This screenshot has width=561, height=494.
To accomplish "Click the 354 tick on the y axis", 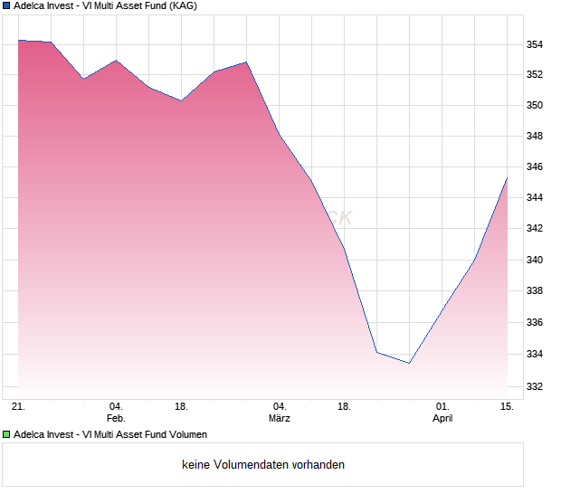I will pos(535,44).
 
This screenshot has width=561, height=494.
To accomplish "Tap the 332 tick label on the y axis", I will pos(535,386).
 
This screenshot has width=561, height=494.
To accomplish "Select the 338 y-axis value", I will pos(535,291).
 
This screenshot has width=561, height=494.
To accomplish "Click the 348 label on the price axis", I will pos(535,137).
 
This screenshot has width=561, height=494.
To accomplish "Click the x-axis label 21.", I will pos(17,407).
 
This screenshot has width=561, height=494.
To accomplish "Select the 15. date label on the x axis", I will pos(508,407).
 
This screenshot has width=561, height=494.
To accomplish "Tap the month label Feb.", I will pos(116,419).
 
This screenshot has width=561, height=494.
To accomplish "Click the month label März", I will pos(280,419).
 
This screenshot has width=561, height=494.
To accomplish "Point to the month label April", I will pos(442,419).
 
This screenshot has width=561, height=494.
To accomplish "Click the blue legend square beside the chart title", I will pos(6,5).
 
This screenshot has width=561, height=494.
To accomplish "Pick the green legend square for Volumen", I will pos(6,435).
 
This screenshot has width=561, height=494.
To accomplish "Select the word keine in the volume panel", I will pos(196,464).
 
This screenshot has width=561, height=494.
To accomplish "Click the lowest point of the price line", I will pos(409,363).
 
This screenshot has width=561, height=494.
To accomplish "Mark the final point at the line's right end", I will pos(508,177).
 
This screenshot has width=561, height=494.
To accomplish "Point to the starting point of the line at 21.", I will pos(18,40).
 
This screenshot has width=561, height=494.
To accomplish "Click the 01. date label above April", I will pos(442,407).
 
